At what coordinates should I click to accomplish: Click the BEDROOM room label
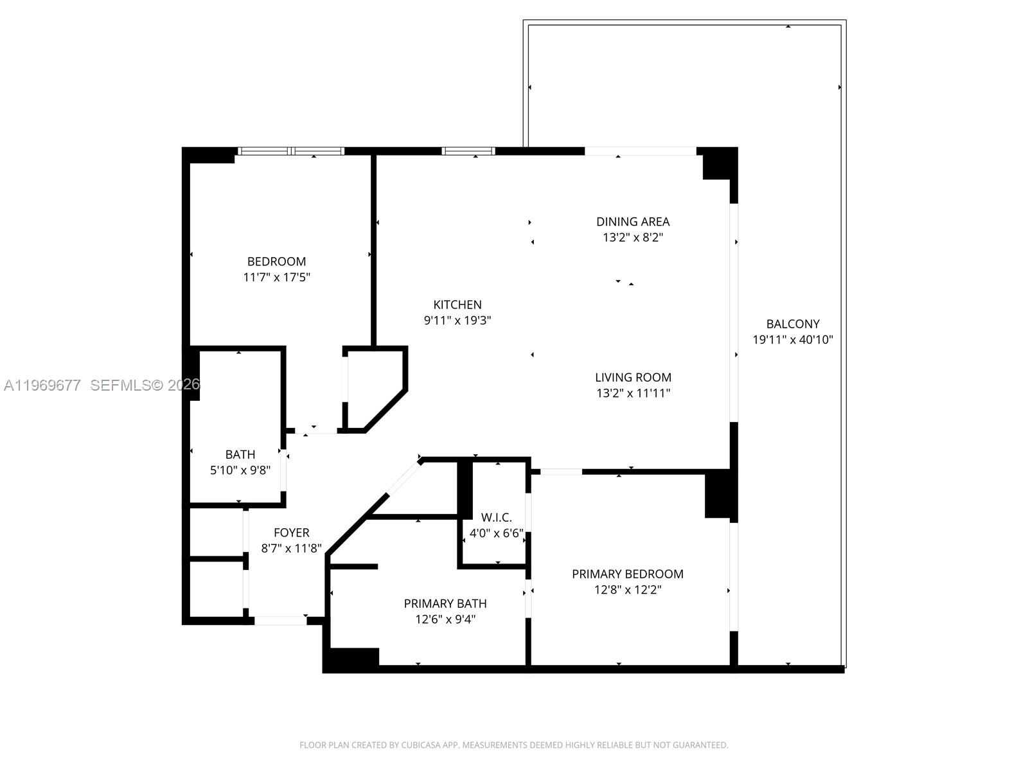pyautogui.click(x=276, y=261)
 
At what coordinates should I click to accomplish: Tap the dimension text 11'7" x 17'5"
pyautogui.click(x=276, y=278)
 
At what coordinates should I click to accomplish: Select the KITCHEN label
pyautogui.click(x=457, y=305)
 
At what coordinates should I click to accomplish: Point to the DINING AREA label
pyautogui.click(x=632, y=222)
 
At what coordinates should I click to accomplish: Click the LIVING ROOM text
pyautogui.click(x=632, y=378)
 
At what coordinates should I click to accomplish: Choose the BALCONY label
pyautogui.click(x=792, y=324)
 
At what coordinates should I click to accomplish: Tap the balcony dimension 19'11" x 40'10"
pyautogui.click(x=792, y=340)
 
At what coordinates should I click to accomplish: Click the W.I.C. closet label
pyautogui.click(x=496, y=518)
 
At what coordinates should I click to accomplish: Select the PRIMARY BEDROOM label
pyautogui.click(x=627, y=574)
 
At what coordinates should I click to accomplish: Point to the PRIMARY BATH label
pyautogui.click(x=445, y=604)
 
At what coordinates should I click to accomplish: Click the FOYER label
pyautogui.click(x=291, y=533)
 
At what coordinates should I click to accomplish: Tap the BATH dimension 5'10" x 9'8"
pyautogui.click(x=240, y=470)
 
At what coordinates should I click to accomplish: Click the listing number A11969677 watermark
pyautogui.click(x=42, y=385)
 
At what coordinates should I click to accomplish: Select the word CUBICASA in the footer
pyautogui.click(x=420, y=745)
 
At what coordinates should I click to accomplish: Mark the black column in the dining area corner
pyautogui.click(x=718, y=164)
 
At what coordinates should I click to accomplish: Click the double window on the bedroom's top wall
pyautogui.click(x=290, y=152)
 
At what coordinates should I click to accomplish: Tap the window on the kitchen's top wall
pyautogui.click(x=468, y=152)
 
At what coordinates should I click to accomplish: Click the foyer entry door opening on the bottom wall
pyautogui.click(x=280, y=621)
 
